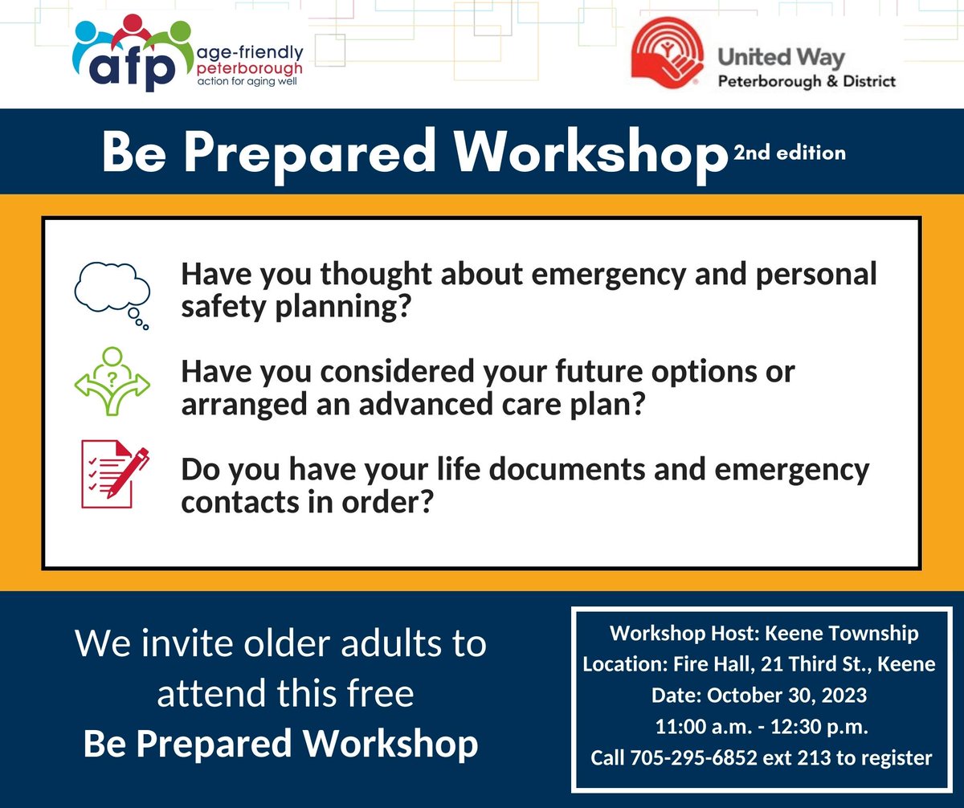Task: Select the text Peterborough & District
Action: click(806, 81)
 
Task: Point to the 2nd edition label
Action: click(789, 153)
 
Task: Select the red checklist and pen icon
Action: click(112, 474)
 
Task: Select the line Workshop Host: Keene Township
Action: click(763, 633)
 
